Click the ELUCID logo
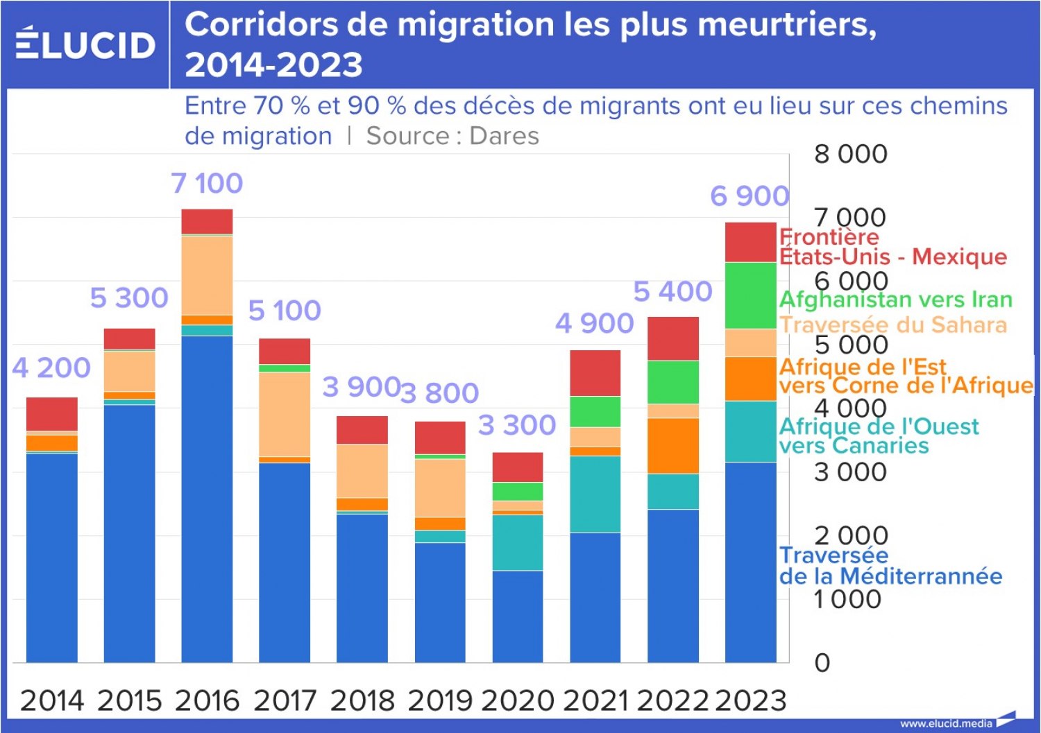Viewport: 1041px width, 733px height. (x=85, y=44)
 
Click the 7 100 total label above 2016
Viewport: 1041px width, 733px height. (x=207, y=184)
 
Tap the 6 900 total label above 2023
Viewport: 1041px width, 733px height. (x=750, y=196)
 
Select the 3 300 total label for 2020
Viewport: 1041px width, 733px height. (x=517, y=425)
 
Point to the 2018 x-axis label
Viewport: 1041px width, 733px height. (x=362, y=700)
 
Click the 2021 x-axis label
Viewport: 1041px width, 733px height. (x=595, y=700)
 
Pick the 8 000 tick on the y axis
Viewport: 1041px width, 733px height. (x=851, y=154)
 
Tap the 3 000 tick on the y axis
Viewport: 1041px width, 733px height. (x=851, y=472)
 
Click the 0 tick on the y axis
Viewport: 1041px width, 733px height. (x=822, y=663)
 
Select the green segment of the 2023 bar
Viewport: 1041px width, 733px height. (x=750, y=295)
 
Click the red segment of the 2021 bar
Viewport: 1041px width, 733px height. (x=595, y=373)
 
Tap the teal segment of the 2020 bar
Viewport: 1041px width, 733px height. (x=518, y=542)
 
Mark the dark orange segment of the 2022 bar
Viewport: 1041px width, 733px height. (x=673, y=446)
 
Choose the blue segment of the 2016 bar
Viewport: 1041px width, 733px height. (x=207, y=499)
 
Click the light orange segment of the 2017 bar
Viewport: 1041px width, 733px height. (x=285, y=414)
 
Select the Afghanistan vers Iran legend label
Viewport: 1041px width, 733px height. (x=895, y=300)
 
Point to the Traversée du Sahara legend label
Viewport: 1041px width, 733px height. (x=892, y=325)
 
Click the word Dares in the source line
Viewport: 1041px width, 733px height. (x=504, y=136)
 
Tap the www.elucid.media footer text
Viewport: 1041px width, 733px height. (x=946, y=723)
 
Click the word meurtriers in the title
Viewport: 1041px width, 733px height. (x=787, y=25)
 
